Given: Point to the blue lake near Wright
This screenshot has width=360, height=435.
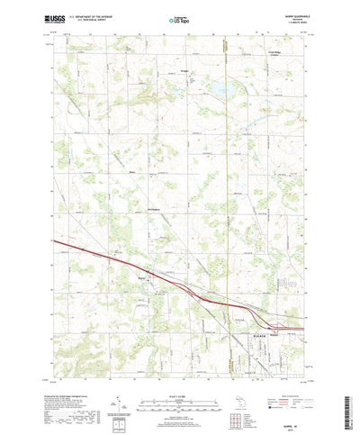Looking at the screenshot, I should [219, 90].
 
